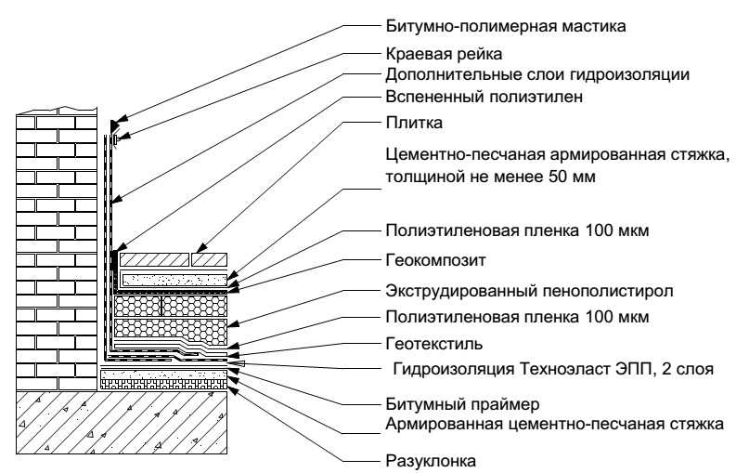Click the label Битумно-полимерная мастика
[506, 25]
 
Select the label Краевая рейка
[444, 54]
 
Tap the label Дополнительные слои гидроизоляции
[537, 74]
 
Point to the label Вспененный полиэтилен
[484, 97]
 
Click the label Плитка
[414, 123]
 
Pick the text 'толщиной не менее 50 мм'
[490, 177]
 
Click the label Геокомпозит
[435, 259]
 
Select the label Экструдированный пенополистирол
[529, 291]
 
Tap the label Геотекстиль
[433, 344]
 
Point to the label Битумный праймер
[462, 404]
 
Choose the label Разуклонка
[431, 461]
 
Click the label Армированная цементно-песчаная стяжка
[554, 424]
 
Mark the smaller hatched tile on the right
[210, 260]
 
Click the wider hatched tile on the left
[154, 260]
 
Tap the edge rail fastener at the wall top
[116, 139]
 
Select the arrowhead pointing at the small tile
[201, 248]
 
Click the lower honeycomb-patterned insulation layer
[171, 328]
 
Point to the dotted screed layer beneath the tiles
[174, 281]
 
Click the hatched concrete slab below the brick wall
[122, 422]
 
